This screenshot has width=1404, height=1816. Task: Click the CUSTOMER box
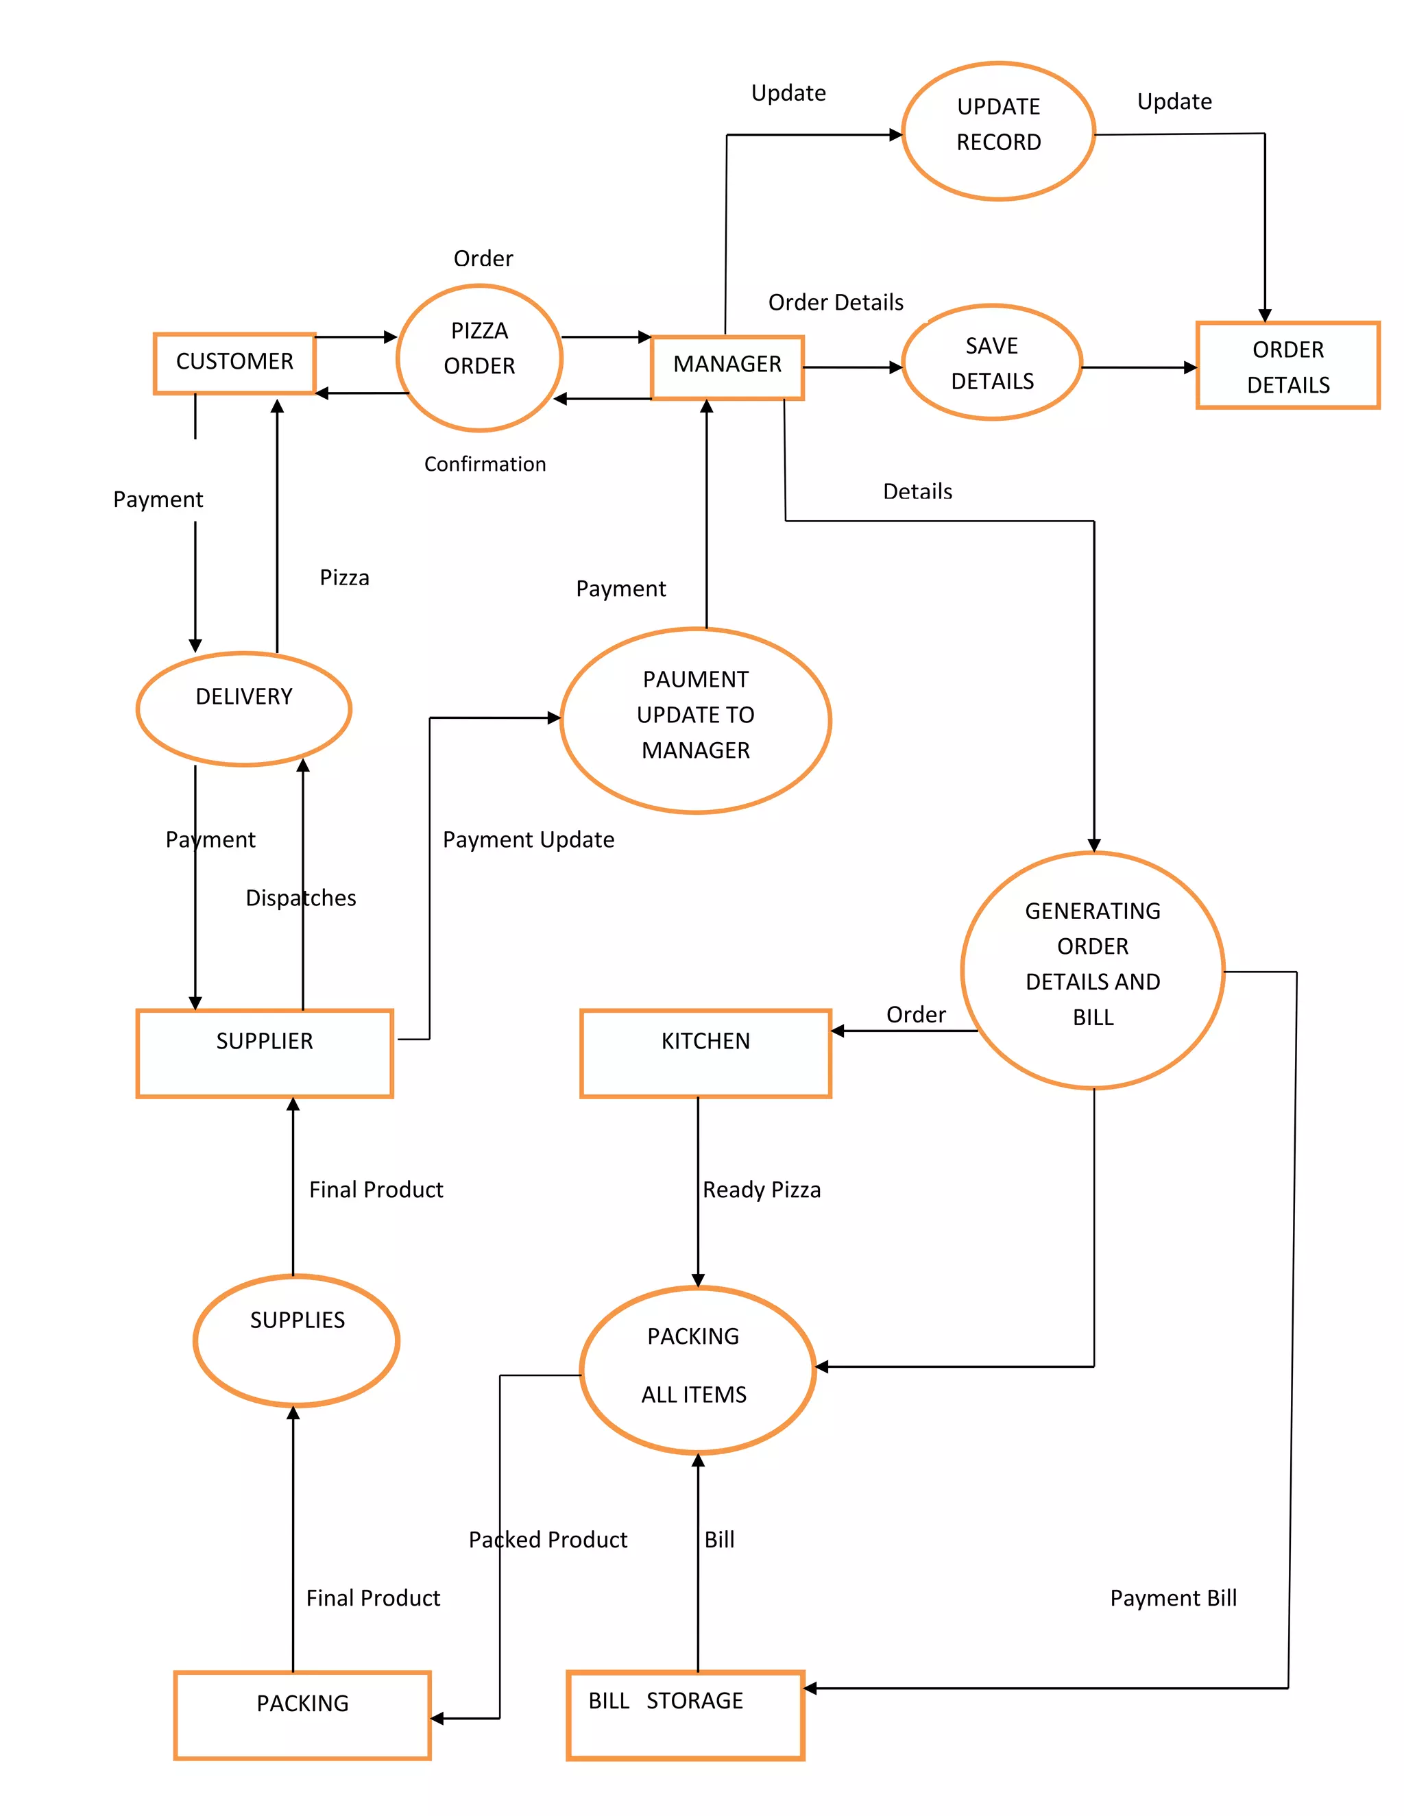234,363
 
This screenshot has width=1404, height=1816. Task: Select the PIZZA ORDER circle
479,358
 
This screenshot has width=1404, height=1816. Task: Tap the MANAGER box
727,367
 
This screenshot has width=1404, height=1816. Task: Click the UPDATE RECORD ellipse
998,132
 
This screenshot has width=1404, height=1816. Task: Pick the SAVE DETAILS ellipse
991,363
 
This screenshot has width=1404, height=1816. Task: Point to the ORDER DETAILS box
1287,366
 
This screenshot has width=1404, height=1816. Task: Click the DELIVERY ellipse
243,708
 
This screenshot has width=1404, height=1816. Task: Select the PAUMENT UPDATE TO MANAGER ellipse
695,720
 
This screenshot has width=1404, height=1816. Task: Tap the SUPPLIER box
265,1053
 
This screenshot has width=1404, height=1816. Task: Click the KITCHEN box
705,1053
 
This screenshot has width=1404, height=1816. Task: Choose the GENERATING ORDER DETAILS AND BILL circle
1092,970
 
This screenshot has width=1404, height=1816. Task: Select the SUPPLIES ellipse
297,1340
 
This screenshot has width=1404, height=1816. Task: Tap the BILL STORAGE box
685,1715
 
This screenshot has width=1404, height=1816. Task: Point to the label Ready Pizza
761,1190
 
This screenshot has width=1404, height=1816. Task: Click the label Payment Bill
1173,1598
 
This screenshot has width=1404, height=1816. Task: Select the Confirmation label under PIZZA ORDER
485,464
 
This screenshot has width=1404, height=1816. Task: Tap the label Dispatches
300,898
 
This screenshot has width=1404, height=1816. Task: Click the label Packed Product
547,1540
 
